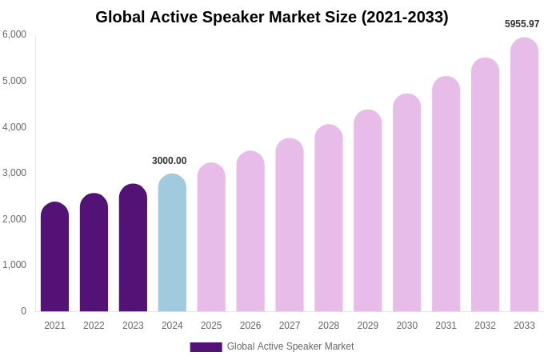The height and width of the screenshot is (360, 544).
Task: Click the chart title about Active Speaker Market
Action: tap(272, 17)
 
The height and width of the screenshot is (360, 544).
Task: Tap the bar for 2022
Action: tap(94, 252)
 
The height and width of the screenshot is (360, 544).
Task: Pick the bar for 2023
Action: tap(133, 248)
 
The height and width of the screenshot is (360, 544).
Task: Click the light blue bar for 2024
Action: tap(172, 242)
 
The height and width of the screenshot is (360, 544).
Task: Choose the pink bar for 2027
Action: tap(290, 225)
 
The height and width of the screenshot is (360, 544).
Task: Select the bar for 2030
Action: tap(407, 202)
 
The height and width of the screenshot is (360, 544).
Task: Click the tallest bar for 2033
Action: tap(524, 174)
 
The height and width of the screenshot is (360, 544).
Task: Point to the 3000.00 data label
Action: tap(169, 161)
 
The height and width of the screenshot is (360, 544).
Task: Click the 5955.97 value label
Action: tap(522, 24)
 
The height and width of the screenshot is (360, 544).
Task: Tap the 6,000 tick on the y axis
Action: tap(14, 34)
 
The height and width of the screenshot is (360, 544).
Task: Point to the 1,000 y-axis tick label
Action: tap(14, 265)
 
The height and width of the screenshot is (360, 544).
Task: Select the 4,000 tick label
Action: tap(14, 126)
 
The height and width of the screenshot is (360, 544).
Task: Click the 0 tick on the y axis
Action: tap(23, 311)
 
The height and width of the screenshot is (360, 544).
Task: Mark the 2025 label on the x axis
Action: tap(211, 326)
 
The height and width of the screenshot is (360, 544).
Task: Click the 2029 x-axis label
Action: tap(368, 326)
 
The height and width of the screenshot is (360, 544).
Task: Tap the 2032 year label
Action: tap(485, 326)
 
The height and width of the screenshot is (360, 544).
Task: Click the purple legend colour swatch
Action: tap(206, 347)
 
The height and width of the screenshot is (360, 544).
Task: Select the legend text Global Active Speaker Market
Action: tap(290, 346)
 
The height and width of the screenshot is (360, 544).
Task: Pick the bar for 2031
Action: tap(446, 194)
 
